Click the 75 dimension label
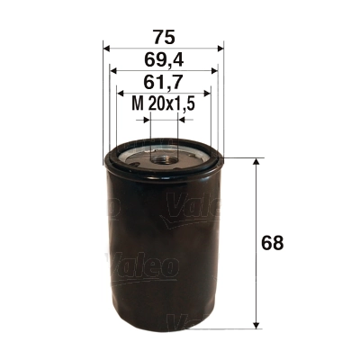[x=164, y=37]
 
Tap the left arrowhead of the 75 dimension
[x=107, y=49]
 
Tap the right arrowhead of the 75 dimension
[x=221, y=49]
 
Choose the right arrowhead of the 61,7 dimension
[x=208, y=93]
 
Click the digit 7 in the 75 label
[x=157, y=37]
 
